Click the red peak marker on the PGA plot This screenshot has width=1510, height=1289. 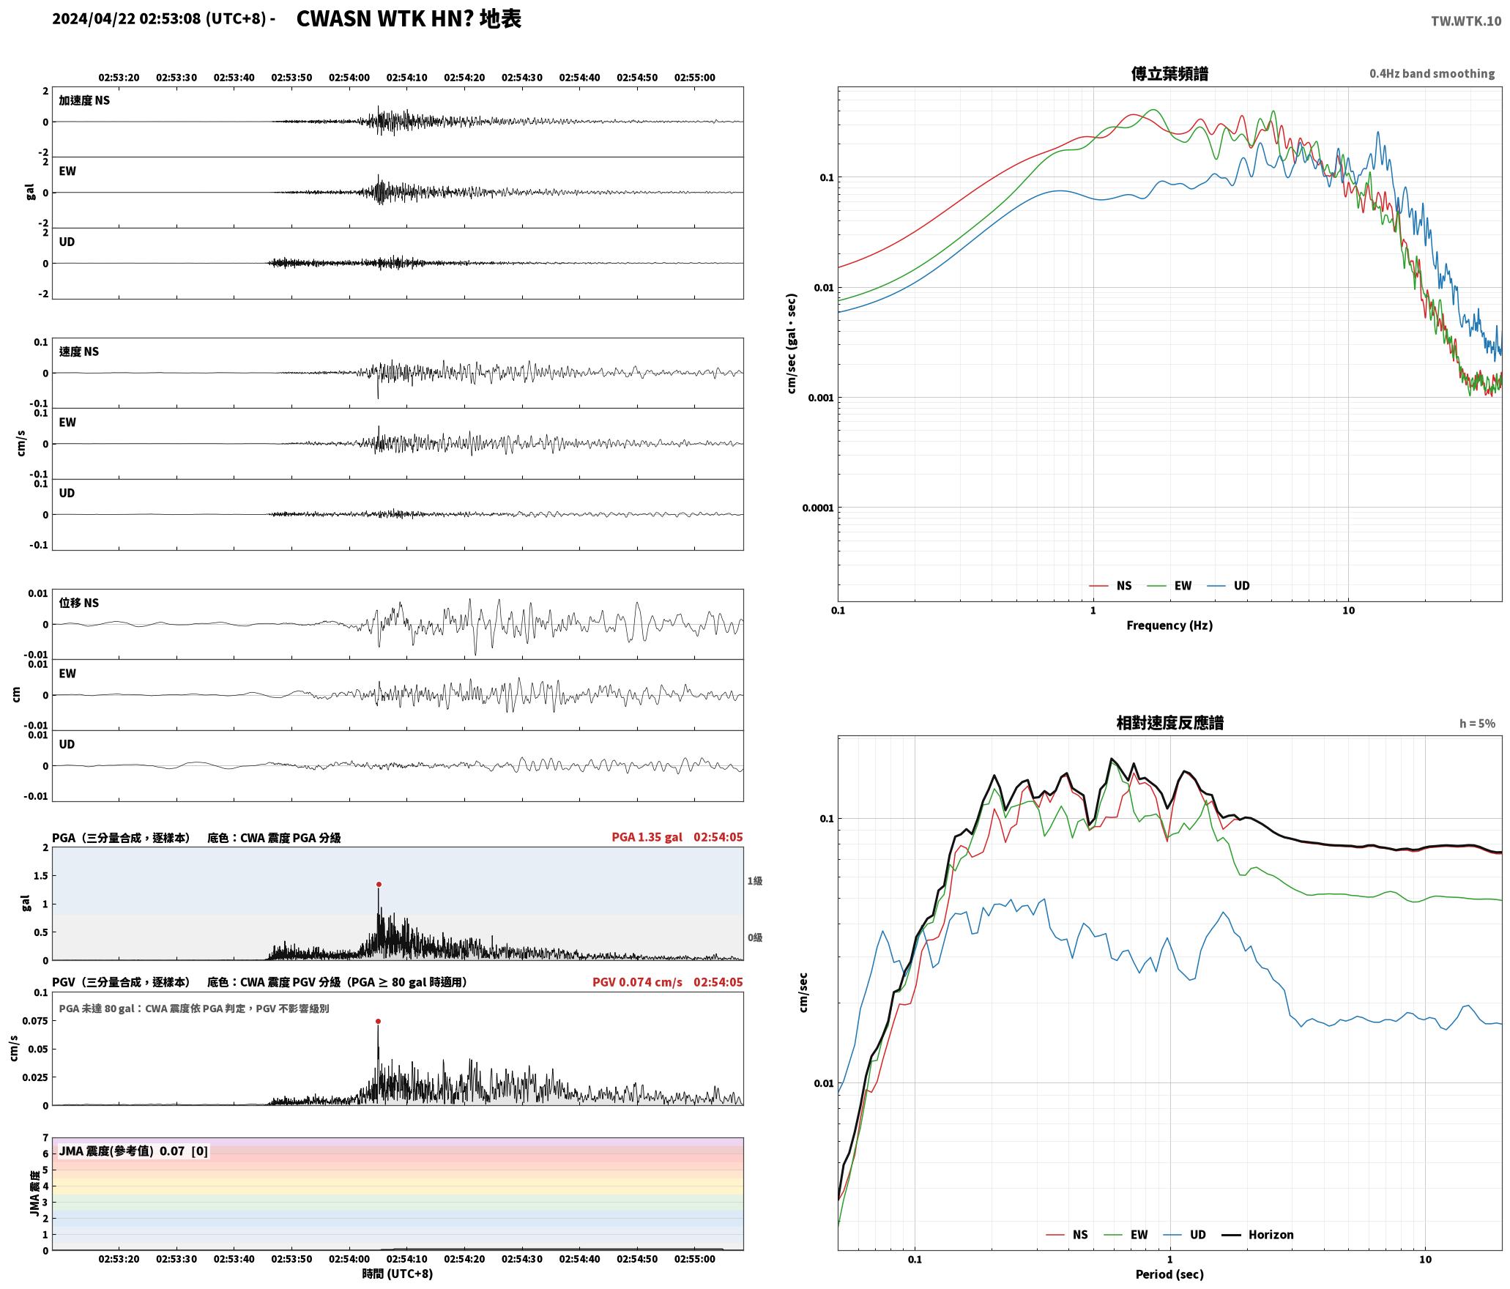click(379, 884)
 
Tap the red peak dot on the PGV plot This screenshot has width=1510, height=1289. click(378, 1021)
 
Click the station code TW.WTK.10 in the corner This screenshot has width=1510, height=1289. click(1466, 21)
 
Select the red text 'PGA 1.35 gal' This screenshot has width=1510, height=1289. click(647, 837)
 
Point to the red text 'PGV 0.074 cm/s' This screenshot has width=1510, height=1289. click(637, 982)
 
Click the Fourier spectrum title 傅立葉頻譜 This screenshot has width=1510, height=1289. click(1169, 73)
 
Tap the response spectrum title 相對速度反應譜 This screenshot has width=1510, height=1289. click(1169, 723)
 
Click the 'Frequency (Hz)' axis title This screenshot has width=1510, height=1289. click(1169, 625)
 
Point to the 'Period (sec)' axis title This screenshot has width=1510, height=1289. click(1169, 1274)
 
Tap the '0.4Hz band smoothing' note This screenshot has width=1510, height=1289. click(1432, 74)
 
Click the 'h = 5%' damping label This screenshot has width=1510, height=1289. click(1477, 724)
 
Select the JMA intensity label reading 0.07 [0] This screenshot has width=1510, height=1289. click(133, 1151)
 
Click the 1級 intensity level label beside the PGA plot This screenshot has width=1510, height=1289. click(755, 881)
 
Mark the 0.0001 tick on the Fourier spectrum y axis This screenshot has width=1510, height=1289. click(817, 508)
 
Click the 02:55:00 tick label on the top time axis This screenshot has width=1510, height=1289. click(694, 78)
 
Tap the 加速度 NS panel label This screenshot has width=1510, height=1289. click(84, 100)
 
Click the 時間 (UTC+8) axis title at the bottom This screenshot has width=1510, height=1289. click(398, 1274)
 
